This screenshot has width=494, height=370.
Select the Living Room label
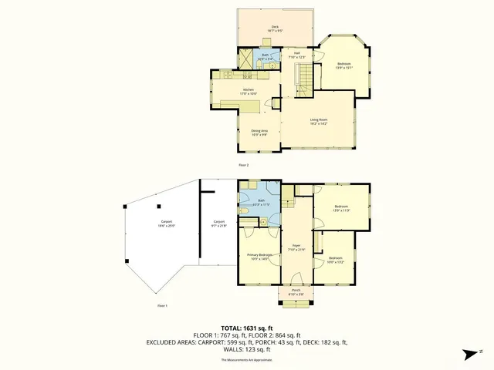pos(319,121)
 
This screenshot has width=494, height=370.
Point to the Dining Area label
pos(259,133)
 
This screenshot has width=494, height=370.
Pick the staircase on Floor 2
pos(307,78)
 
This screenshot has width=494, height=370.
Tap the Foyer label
pos(296,248)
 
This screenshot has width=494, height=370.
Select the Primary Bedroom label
pos(259,256)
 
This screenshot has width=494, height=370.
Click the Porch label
pos(296,291)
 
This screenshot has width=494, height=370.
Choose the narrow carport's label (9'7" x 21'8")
pos(218,224)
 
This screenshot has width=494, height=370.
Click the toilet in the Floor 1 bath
pos(242,210)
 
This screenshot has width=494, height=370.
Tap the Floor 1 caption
pos(162,306)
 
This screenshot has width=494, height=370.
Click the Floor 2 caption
pos(243,165)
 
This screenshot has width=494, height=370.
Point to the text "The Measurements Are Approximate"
pos(247,360)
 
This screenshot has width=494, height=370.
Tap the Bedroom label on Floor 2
pos(343,65)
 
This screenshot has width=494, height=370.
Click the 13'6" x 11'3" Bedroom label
pos(341,208)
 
